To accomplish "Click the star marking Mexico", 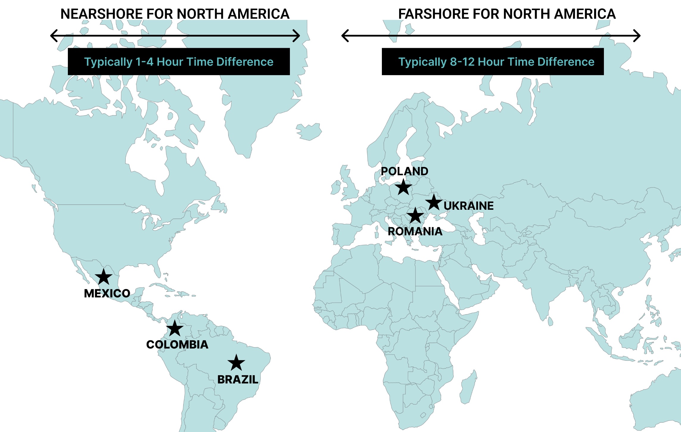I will pyautogui.click(x=104, y=277).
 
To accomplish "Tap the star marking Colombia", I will pyautogui.click(x=175, y=329).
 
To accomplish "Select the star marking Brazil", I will pyautogui.click(x=236, y=363).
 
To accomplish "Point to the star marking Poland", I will pyautogui.click(x=404, y=187).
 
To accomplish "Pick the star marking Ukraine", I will pyautogui.click(x=434, y=203).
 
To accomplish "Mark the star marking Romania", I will pyautogui.click(x=415, y=216).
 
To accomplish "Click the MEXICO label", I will pyautogui.click(x=107, y=294).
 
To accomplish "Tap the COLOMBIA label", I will pyautogui.click(x=177, y=345).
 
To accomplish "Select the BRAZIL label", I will pyautogui.click(x=238, y=380).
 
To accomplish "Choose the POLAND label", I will pyautogui.click(x=404, y=171).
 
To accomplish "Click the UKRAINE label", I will pyautogui.click(x=468, y=206).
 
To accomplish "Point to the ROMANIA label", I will pyautogui.click(x=415, y=231).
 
